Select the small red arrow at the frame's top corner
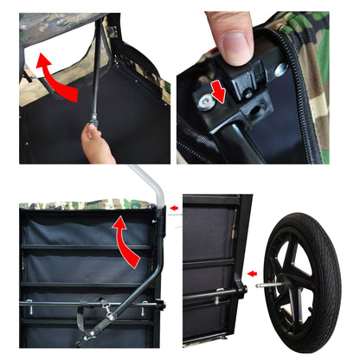pos(175,208)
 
